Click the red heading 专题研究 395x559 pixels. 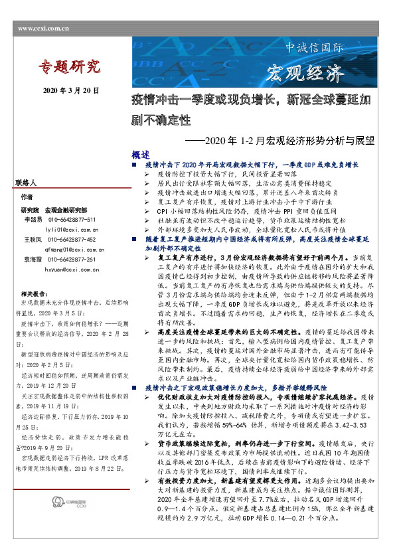pos(69,66)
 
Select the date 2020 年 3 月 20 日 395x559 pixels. pos(71,90)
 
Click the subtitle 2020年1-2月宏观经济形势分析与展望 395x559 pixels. pos(279,141)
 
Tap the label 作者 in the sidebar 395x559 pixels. pos(27,197)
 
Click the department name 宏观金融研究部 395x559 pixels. pos(65,209)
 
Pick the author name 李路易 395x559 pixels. pos(33,219)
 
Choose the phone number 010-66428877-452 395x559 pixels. pos(72,239)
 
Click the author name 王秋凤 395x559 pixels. pos(33,239)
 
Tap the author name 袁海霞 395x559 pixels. pos(33,260)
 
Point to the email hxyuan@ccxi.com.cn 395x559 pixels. pos(72,270)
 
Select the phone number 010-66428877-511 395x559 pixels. pos(72,219)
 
